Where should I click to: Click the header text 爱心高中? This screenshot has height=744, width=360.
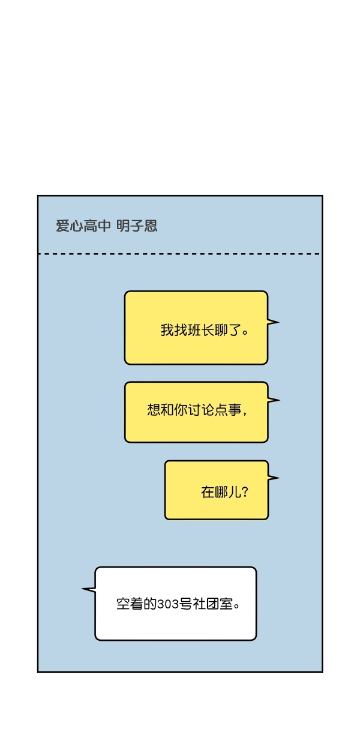tap(83, 226)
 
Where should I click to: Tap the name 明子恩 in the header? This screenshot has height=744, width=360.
tap(137, 226)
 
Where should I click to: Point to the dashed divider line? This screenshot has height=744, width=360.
tap(179, 254)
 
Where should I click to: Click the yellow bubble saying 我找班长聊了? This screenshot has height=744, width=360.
tap(196, 328)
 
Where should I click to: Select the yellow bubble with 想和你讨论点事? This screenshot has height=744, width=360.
tap(196, 412)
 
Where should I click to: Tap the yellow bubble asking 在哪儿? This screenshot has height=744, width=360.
tap(217, 490)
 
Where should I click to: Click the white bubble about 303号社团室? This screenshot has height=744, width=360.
tap(176, 604)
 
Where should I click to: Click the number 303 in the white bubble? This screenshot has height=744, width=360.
tap(168, 604)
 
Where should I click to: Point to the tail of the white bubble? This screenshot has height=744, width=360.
tap(89, 590)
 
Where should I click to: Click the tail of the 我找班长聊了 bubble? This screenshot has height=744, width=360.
tap(273, 322)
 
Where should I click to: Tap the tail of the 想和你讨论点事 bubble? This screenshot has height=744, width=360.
tap(274, 400)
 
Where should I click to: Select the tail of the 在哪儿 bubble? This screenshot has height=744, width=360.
tap(274, 478)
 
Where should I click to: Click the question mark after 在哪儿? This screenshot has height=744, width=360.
tap(245, 492)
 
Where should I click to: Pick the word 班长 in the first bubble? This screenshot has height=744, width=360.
tap(201, 331)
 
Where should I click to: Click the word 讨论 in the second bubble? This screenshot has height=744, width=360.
tap(201, 410)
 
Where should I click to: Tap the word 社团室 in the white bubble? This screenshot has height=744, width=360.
tap(213, 604)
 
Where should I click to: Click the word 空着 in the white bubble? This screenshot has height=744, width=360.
tap(130, 604)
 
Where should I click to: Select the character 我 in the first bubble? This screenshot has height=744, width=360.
tap(167, 331)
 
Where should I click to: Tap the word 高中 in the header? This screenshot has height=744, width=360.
tap(97, 226)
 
